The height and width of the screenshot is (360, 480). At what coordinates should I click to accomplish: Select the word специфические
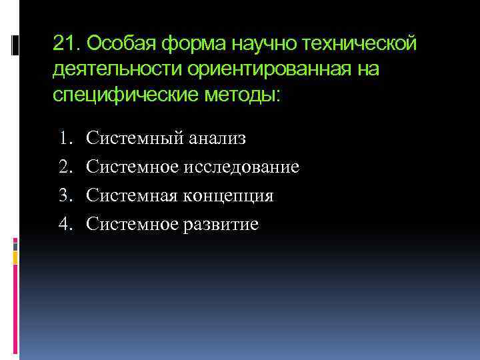pyautogui.click(x=125, y=95)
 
